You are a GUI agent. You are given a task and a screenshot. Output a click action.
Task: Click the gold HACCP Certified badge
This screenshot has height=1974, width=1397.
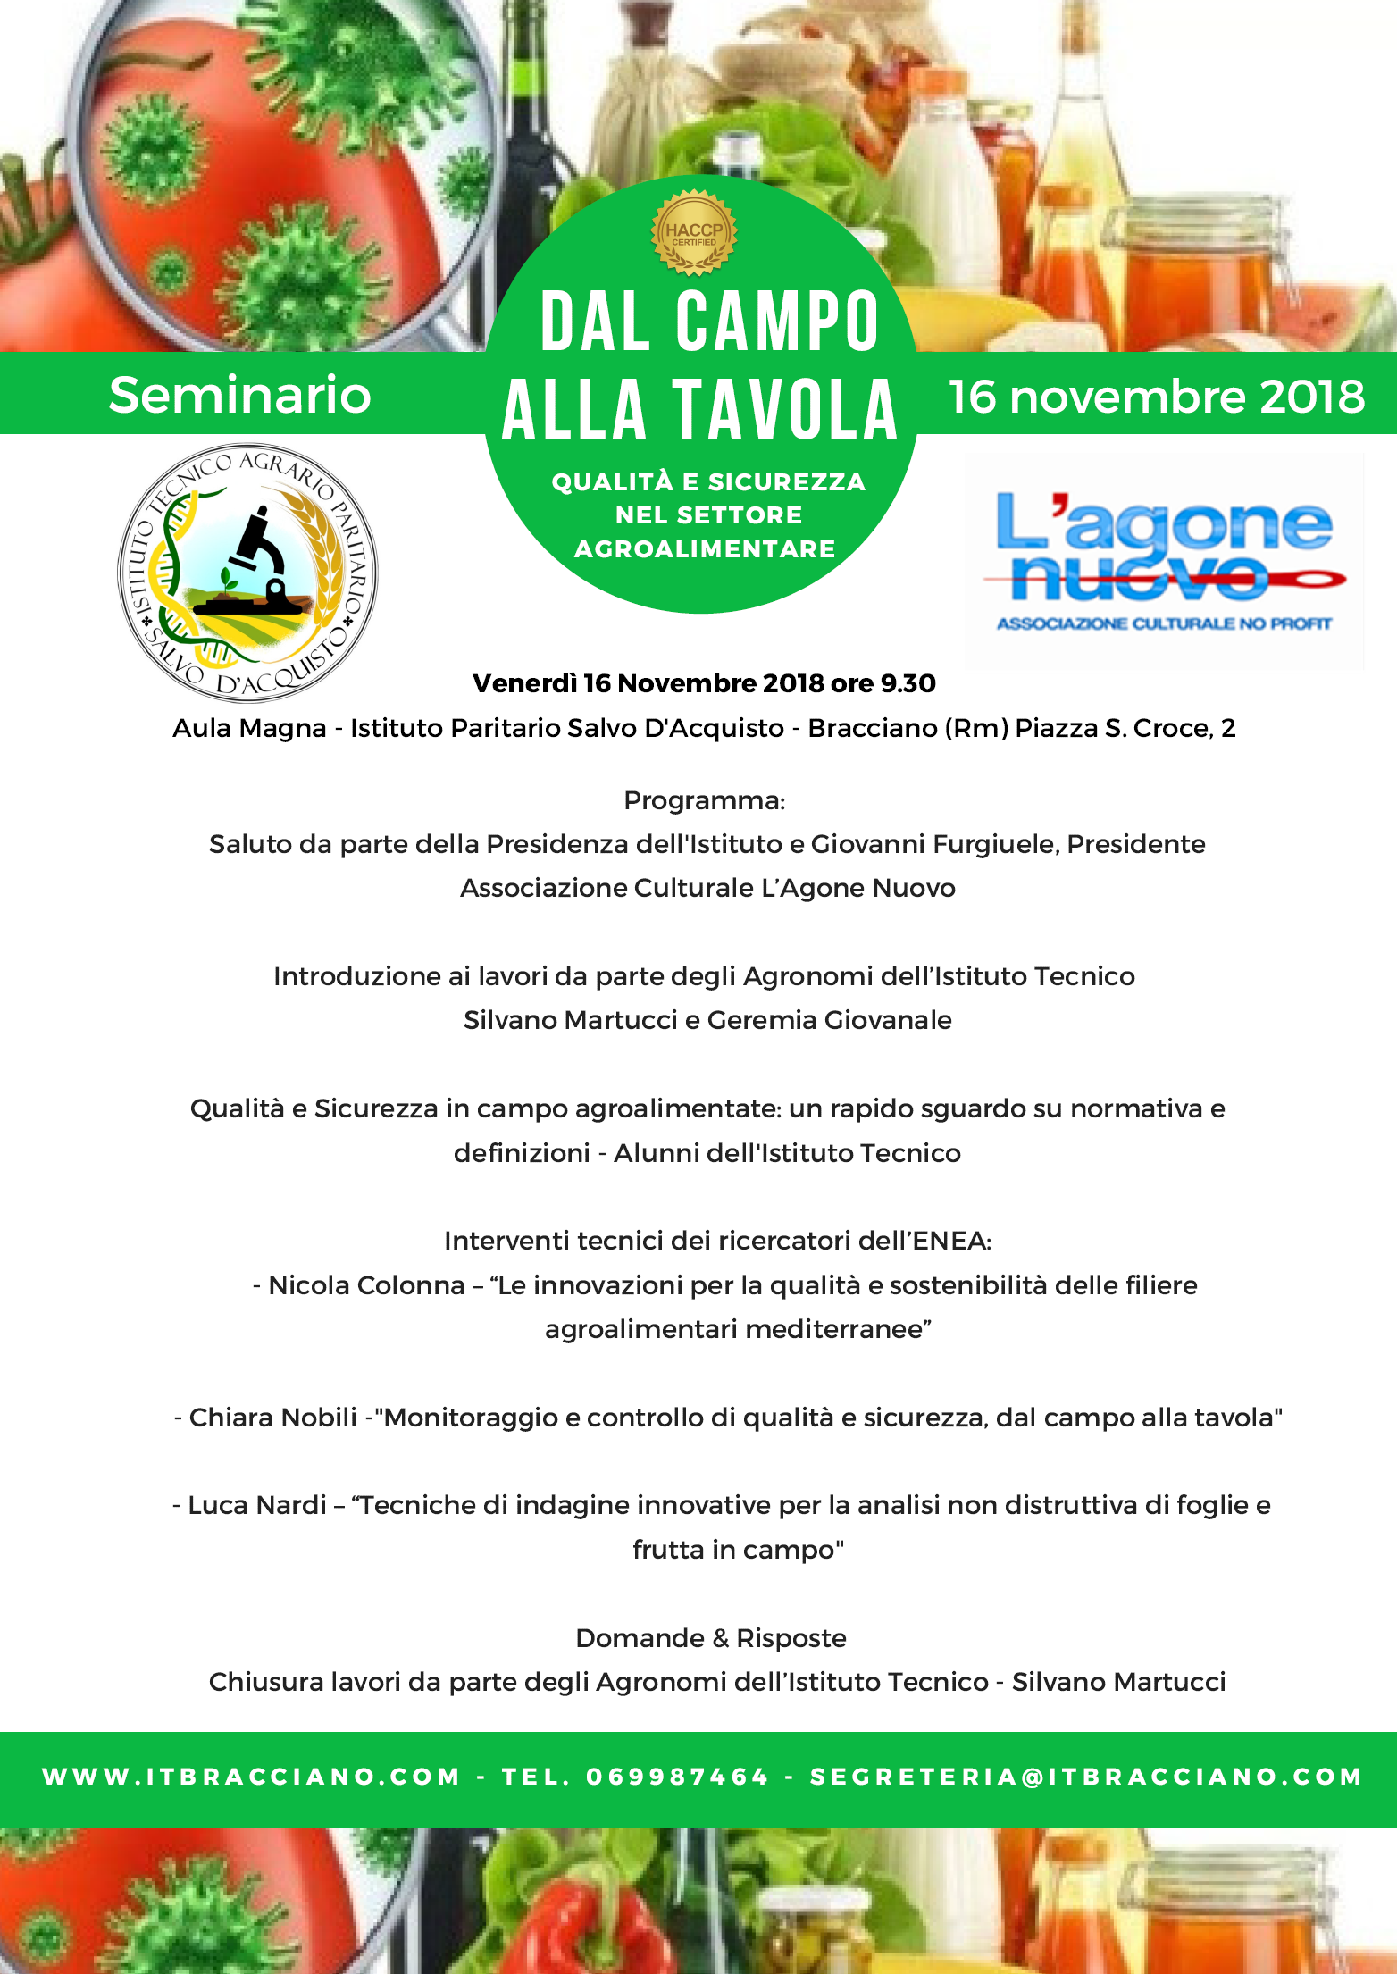click(694, 232)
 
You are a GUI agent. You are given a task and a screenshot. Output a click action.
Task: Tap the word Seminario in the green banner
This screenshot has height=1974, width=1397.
click(239, 395)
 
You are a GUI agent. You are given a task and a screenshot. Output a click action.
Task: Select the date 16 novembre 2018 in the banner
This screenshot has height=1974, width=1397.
click(1157, 397)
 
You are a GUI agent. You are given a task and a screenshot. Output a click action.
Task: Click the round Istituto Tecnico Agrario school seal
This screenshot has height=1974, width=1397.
click(247, 573)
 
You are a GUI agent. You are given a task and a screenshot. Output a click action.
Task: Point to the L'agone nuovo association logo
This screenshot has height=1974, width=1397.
click(1165, 560)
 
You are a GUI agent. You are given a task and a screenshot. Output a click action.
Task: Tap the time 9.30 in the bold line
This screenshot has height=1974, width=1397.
click(908, 683)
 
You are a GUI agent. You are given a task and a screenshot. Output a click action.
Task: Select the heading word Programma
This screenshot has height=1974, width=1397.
click(703, 800)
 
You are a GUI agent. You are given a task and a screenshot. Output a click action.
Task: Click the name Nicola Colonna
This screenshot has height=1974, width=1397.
click(366, 1285)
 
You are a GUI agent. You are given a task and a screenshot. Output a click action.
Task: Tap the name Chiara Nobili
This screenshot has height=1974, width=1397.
click(272, 1418)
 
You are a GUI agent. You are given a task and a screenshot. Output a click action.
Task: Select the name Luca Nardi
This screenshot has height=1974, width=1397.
click(256, 1505)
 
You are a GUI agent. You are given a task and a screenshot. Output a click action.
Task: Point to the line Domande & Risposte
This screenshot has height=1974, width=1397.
click(710, 1638)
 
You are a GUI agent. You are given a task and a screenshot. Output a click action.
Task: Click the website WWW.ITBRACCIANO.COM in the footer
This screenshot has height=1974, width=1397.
click(251, 1777)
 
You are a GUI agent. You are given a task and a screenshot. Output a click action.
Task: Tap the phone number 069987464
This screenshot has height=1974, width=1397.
click(677, 1777)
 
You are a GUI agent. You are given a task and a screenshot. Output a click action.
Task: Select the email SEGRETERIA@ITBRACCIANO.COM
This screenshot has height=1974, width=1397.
click(1085, 1777)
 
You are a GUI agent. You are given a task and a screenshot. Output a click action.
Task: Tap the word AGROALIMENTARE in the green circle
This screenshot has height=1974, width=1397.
click(705, 548)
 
